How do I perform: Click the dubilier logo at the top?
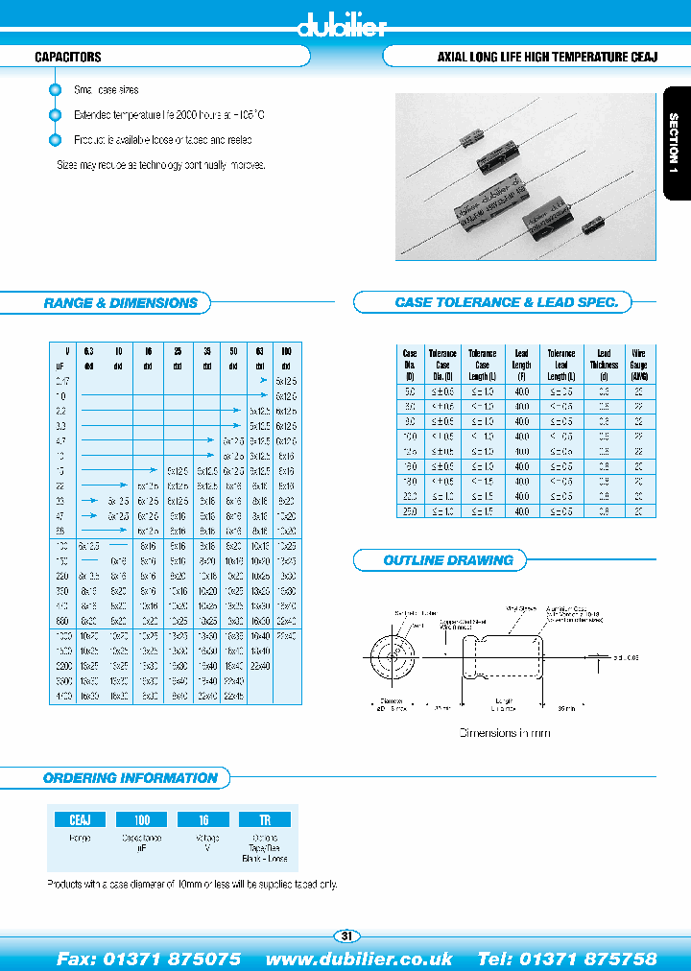[341, 27]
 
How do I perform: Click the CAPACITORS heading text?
[68, 58]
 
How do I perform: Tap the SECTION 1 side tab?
[675, 143]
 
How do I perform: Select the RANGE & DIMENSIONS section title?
[120, 303]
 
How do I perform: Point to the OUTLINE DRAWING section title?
[448, 560]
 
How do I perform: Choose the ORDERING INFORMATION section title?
[131, 778]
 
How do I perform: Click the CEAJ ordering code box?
[80, 820]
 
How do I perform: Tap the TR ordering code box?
[268, 820]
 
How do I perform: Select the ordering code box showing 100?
[143, 820]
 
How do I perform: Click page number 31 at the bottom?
[346, 936]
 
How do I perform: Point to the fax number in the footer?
[149, 959]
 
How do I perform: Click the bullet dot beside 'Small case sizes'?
[55, 90]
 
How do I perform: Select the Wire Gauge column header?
[638, 365]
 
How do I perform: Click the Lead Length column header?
[522, 365]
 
